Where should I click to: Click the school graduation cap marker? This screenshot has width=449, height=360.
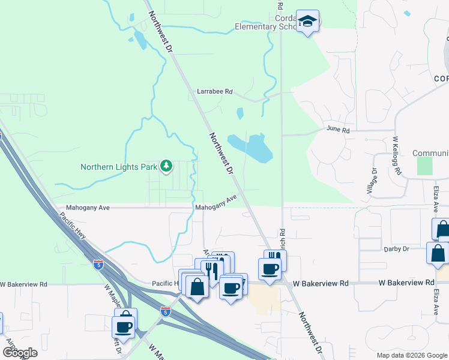point(308,22)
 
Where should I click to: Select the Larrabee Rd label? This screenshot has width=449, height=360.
point(214,91)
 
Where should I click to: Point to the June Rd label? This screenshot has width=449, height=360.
point(337,129)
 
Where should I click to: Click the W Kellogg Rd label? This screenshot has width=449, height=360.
point(397,155)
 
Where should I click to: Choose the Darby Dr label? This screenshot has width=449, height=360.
point(396,248)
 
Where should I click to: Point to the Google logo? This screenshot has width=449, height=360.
point(20,353)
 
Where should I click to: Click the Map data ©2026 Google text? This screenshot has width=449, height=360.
point(412,355)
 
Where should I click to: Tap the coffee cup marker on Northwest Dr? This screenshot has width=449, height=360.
point(270,268)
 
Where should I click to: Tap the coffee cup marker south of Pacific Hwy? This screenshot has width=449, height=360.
point(124,327)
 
